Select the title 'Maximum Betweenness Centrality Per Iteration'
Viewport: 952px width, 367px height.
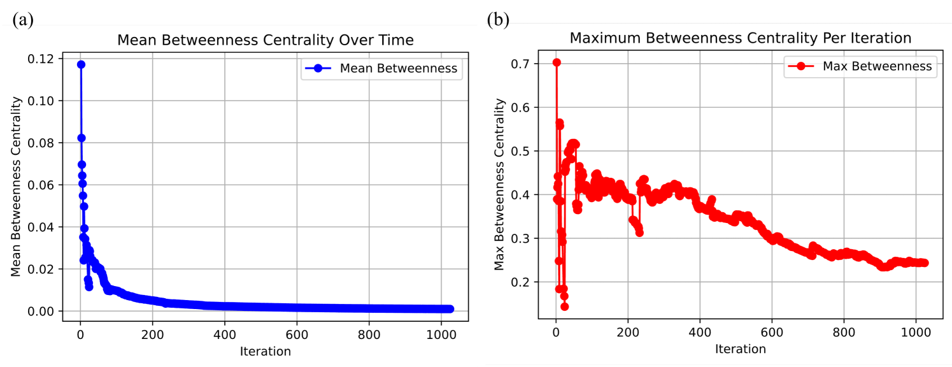(740, 38)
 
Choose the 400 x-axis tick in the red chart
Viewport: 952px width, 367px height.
(700, 332)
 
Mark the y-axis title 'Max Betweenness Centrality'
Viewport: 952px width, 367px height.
(500, 183)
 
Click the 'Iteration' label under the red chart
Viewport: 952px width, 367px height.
(740, 349)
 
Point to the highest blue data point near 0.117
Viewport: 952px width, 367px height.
(81, 64)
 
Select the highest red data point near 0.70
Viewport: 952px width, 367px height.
(557, 62)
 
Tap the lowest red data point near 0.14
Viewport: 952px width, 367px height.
(564, 306)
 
